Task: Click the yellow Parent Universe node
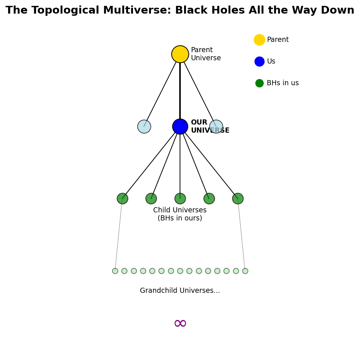pyautogui.click(x=180, y=54)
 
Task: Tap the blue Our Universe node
pyautogui.click(x=180, y=126)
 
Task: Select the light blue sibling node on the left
pyautogui.click(x=144, y=126)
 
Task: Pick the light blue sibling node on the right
pyautogui.click(x=216, y=126)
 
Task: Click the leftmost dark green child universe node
pyautogui.click(x=122, y=198)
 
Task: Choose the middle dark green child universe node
pyautogui.click(x=180, y=198)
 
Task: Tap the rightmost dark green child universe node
pyautogui.click(x=238, y=198)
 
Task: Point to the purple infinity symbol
pyautogui.click(x=180, y=323)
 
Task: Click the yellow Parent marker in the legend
pyautogui.click(x=259, y=40)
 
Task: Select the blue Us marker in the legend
pyautogui.click(x=259, y=61)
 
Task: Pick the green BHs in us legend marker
pyautogui.click(x=259, y=83)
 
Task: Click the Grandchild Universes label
pyautogui.click(x=180, y=290)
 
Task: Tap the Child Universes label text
pyautogui.click(x=180, y=214)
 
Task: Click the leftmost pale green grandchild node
pyautogui.click(x=115, y=271)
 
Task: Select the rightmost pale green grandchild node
pyautogui.click(x=245, y=271)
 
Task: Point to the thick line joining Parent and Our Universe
pyautogui.click(x=180, y=90)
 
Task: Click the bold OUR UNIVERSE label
pyautogui.click(x=210, y=126)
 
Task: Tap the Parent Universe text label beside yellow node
pyautogui.click(x=206, y=54)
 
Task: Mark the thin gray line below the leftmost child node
pyautogui.click(x=119, y=234)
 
